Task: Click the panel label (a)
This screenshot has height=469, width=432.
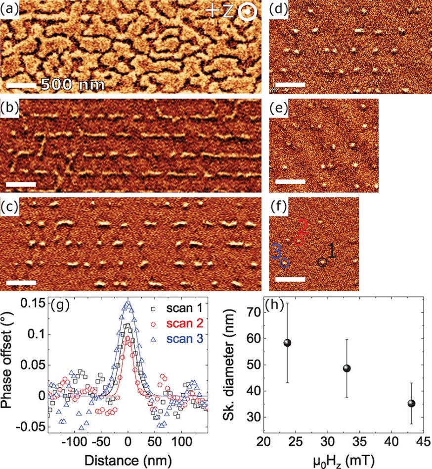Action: pos(10,8)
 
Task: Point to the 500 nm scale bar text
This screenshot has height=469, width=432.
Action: pos(72,84)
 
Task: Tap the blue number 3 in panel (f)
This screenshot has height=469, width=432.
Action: pos(276,251)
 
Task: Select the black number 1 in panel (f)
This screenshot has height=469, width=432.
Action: pos(332,251)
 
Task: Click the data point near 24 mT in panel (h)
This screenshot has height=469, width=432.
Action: pos(287,343)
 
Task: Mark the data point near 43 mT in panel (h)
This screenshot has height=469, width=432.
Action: pos(411,403)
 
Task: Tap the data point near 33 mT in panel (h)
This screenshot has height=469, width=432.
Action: pos(347,368)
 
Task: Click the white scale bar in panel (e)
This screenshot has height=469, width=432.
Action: pos(290,182)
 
